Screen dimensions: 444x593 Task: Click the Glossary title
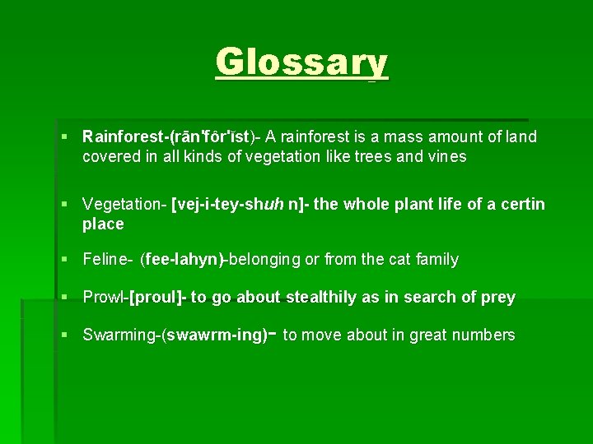[301, 62]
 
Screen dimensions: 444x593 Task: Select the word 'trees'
[371, 156]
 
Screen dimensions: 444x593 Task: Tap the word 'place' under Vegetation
[103, 224]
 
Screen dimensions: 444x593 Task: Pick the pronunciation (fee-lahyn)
[183, 260]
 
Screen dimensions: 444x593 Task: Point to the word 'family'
[437, 260]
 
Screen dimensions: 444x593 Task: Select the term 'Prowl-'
[105, 297]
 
